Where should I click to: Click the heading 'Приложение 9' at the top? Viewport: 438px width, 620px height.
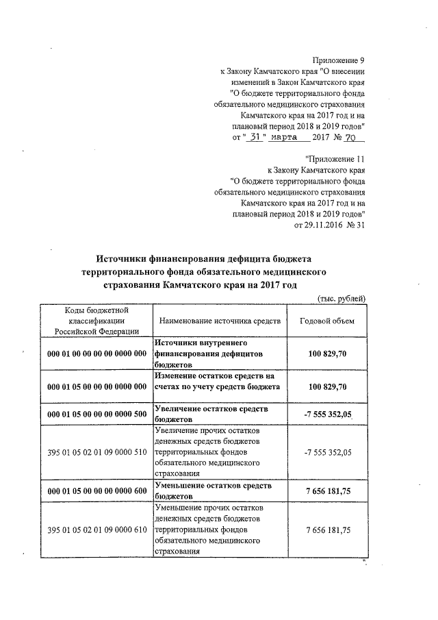click(337, 60)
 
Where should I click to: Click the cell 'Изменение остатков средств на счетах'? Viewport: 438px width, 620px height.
click(218, 382)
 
